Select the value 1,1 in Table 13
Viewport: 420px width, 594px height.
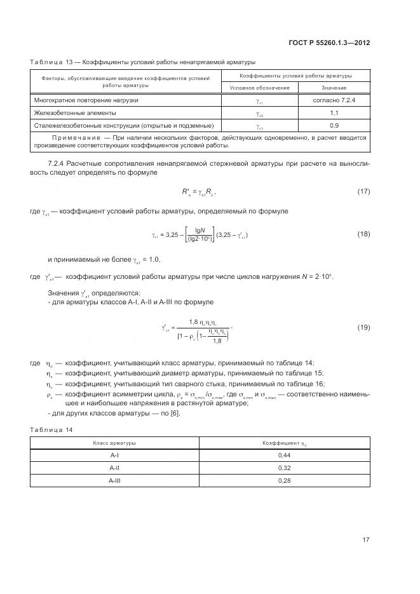334,113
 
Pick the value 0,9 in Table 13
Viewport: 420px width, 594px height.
334,125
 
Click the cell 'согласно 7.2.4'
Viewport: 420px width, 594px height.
334,100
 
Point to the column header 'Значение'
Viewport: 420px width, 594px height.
334,88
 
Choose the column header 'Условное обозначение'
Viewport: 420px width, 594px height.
259,88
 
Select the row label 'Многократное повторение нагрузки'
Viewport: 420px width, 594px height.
86,100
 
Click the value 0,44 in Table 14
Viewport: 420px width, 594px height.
285,456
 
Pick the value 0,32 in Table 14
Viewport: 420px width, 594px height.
285,468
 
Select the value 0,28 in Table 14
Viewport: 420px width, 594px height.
285,481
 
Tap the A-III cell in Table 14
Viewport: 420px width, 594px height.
115,481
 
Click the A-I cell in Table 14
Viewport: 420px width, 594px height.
115,456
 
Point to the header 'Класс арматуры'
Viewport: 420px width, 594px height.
114,442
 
